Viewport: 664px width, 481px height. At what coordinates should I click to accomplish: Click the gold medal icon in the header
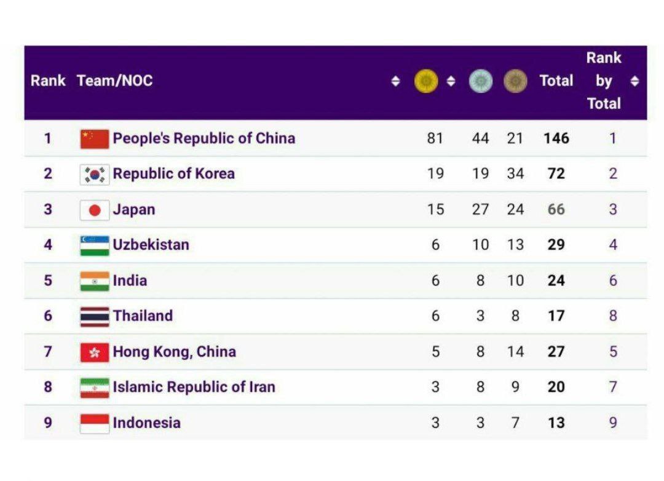click(426, 81)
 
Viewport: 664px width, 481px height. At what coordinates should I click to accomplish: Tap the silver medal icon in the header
click(481, 81)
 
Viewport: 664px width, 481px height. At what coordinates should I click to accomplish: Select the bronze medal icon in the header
click(515, 81)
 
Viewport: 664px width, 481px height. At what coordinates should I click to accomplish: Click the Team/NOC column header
click(115, 81)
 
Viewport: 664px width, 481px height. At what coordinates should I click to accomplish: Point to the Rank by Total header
click(604, 81)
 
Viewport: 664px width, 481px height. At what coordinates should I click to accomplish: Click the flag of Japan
click(95, 210)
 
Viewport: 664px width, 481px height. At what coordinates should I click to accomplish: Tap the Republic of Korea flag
click(95, 174)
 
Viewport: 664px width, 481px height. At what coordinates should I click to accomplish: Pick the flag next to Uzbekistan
click(95, 245)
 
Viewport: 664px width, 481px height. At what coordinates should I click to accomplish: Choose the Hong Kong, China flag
click(95, 352)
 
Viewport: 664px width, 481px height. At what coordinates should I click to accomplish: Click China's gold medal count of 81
click(435, 138)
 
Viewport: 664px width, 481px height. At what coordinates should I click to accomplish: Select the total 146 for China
click(556, 138)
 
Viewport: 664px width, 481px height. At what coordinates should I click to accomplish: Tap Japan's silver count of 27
click(481, 209)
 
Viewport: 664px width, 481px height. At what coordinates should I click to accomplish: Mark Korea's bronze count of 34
click(515, 173)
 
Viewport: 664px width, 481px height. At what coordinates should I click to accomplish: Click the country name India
click(130, 280)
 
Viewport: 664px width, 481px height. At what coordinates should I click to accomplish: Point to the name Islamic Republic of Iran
click(194, 387)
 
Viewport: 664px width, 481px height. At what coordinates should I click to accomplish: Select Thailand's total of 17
click(556, 316)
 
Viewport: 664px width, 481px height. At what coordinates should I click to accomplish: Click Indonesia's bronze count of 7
click(515, 423)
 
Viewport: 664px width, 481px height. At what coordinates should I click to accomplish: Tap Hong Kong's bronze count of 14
click(515, 351)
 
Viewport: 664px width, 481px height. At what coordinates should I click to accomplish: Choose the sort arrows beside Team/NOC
click(395, 81)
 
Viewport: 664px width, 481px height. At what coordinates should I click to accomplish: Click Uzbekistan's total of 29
click(556, 245)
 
